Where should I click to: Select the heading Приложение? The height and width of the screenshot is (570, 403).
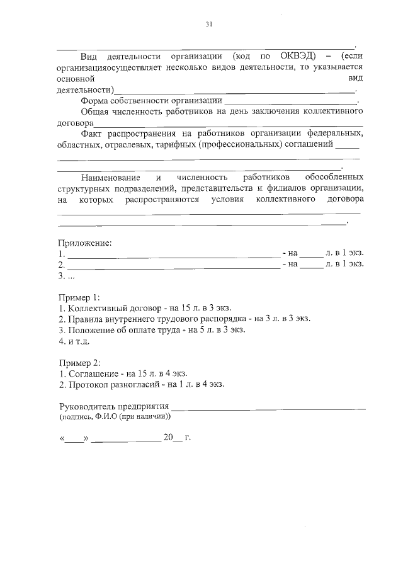pos(85,242)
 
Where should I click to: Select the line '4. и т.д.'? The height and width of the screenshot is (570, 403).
pos(74,341)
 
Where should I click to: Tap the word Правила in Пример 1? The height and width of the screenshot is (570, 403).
pos(86,319)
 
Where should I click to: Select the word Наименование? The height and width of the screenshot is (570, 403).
pos(110,178)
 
